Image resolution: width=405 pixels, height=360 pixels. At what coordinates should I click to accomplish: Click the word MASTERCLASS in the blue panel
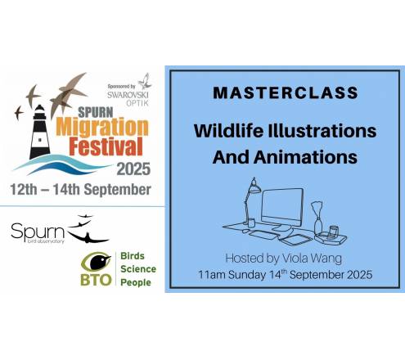[x=286, y=92]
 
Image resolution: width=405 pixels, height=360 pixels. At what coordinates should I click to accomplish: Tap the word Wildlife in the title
[x=228, y=131]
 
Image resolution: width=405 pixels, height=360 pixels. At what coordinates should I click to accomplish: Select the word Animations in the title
[x=305, y=157]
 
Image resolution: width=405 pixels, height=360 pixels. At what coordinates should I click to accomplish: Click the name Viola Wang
[x=312, y=259]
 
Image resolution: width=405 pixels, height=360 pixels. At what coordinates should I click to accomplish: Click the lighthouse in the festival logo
[x=40, y=132]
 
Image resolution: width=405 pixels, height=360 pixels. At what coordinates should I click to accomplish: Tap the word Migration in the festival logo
[x=102, y=127]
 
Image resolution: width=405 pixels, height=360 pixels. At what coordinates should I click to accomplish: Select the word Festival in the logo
[x=106, y=146]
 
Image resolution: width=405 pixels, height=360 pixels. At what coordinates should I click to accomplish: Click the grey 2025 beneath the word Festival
[x=133, y=169]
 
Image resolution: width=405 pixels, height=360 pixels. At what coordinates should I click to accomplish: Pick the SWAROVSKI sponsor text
[x=128, y=95]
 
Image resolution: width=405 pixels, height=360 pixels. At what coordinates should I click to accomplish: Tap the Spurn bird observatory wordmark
[x=38, y=232]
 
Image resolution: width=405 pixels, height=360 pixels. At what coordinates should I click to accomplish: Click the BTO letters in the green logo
[x=96, y=280]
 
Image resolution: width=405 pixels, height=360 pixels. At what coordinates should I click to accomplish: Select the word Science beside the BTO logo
[x=138, y=269]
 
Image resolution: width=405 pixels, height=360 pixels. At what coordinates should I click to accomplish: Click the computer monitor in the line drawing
[x=282, y=208]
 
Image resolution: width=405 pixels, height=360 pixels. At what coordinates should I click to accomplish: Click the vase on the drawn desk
[x=317, y=218]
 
